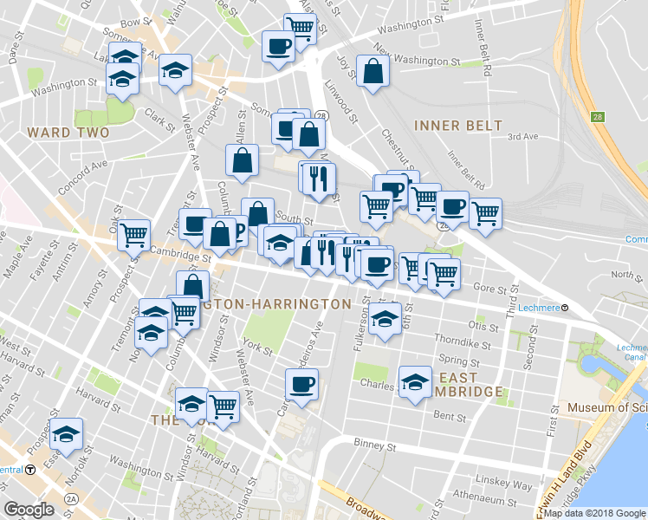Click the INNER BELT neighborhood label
[x=458, y=125]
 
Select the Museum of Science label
[x=606, y=407]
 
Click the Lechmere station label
[x=543, y=308]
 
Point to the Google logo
[x=29, y=510]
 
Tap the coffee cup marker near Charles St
[x=301, y=385]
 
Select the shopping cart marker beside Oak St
[x=133, y=235]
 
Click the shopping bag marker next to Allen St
[x=242, y=160]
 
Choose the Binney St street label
[x=374, y=446]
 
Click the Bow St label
[x=136, y=23]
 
